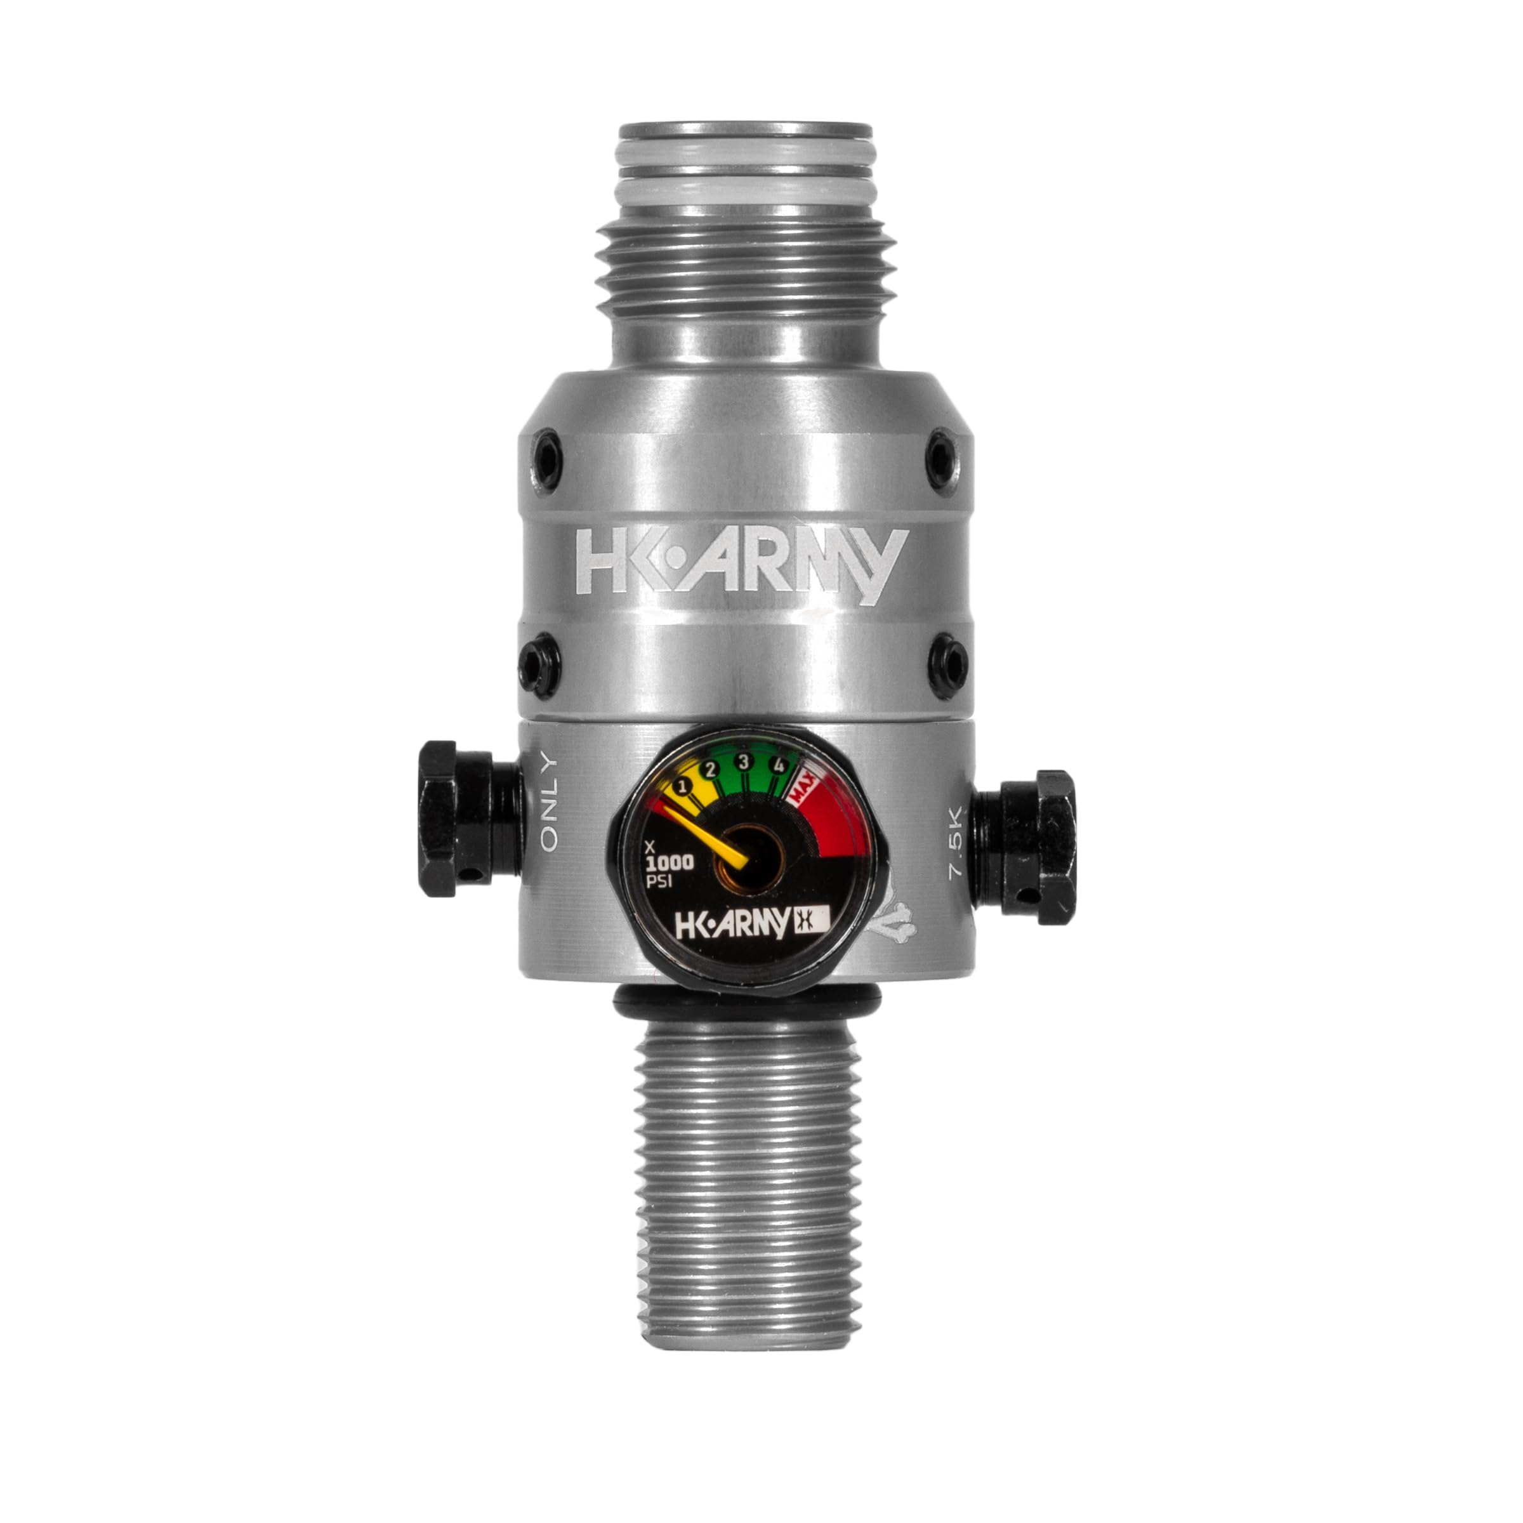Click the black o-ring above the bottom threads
pyautogui.click(x=744, y=1006)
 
